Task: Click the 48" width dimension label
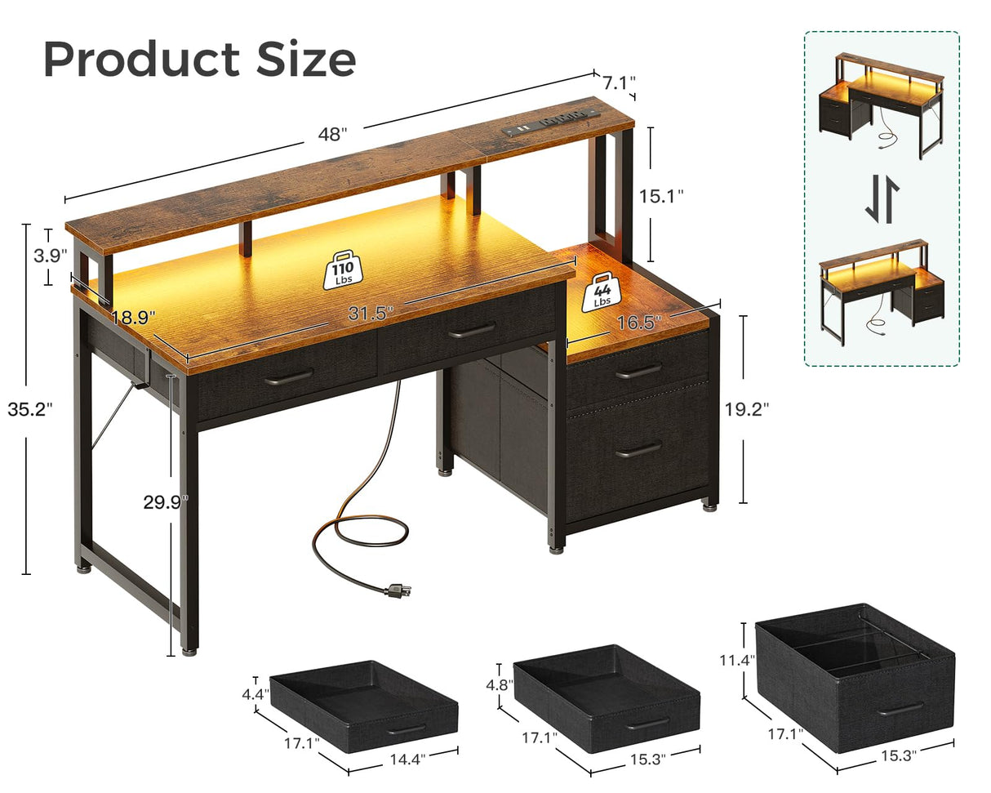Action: click(x=332, y=135)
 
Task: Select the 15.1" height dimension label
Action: click(x=660, y=196)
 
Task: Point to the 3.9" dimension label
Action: click(x=50, y=255)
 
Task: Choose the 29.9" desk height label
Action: click(x=167, y=503)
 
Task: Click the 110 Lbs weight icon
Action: click(x=343, y=270)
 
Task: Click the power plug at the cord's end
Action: click(x=399, y=589)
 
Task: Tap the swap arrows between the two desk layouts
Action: click(x=882, y=202)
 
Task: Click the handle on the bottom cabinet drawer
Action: click(x=638, y=449)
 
